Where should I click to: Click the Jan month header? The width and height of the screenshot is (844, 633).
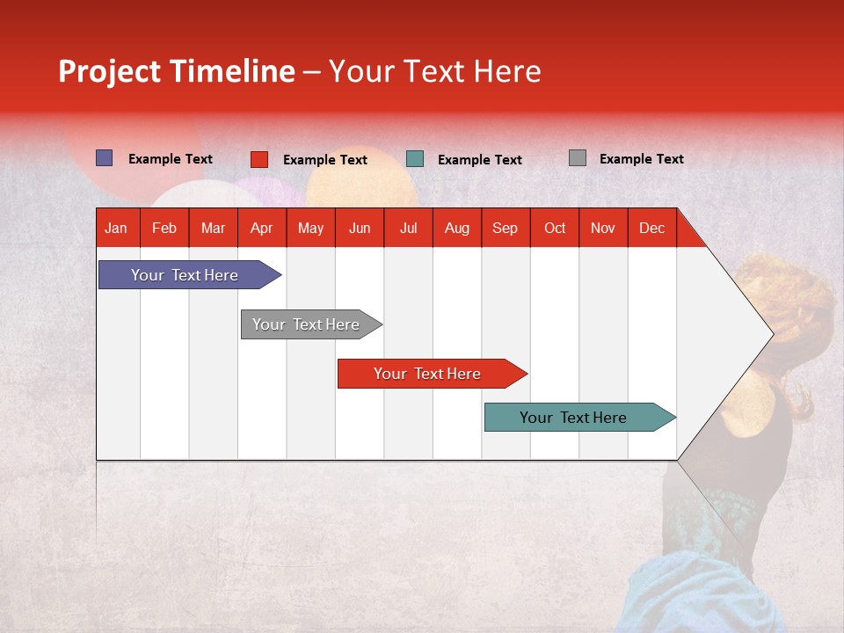tap(116, 229)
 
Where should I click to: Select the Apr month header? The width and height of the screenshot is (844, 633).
tap(262, 229)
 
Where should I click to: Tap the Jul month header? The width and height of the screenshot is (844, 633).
tap(408, 229)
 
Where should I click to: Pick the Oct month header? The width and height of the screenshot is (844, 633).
tap(555, 229)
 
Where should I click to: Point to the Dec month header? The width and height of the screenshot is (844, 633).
tap(651, 229)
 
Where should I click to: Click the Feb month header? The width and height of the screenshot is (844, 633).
tap(164, 229)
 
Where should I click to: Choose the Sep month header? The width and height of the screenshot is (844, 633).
tap(505, 229)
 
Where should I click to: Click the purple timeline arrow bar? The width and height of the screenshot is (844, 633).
tap(190, 274)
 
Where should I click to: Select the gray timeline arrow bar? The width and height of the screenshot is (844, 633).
tap(311, 324)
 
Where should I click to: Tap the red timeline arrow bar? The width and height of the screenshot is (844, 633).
tap(433, 374)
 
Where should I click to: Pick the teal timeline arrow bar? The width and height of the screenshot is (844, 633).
tap(580, 417)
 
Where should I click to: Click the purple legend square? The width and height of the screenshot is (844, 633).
tap(104, 157)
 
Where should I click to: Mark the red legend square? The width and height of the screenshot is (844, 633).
tap(259, 159)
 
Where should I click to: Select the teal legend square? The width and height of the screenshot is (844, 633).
tap(415, 159)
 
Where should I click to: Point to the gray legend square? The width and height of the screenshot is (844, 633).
tap(578, 157)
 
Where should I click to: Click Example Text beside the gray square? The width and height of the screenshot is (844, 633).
tap(642, 159)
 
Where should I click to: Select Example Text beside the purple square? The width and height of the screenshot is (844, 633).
tap(170, 159)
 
